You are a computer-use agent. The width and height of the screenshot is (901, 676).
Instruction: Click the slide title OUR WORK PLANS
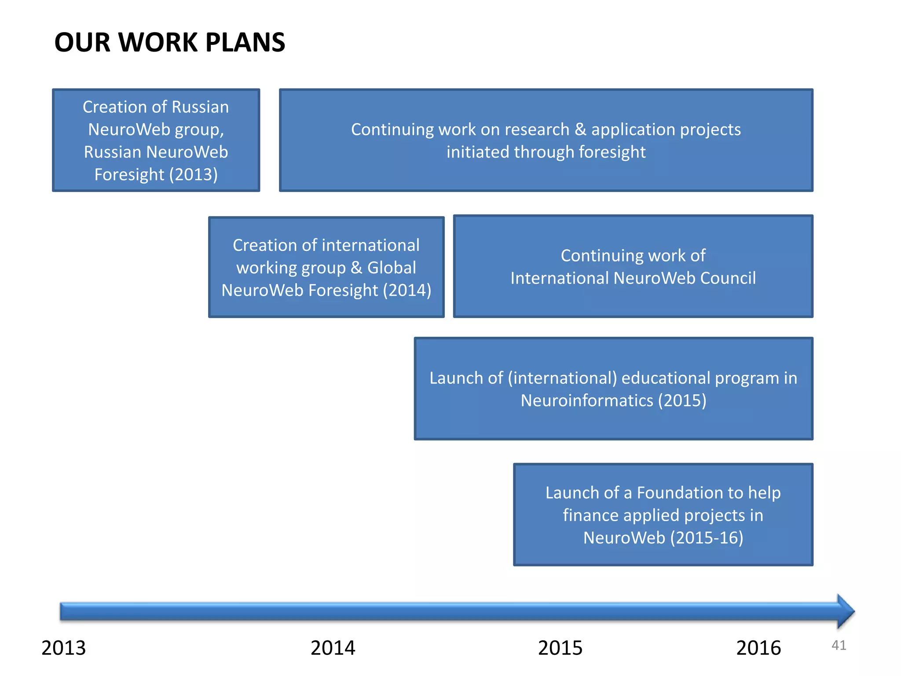(169, 43)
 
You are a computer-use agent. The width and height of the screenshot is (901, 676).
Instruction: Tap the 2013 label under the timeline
(63, 648)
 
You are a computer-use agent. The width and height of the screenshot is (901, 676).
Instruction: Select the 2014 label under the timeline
(333, 648)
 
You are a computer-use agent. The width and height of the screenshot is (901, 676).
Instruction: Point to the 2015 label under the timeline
(560, 648)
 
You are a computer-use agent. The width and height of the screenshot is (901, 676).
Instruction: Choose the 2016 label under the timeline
(758, 648)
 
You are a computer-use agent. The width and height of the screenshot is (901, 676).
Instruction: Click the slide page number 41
(839, 645)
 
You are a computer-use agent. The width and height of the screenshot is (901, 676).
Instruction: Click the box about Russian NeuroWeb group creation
(156, 140)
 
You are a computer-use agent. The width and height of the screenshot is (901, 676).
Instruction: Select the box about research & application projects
(546, 140)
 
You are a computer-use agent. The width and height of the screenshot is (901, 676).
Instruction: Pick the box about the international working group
(326, 267)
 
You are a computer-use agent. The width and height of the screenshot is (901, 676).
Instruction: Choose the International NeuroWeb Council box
(633, 266)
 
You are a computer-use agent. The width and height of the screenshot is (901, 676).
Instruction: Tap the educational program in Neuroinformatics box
(613, 389)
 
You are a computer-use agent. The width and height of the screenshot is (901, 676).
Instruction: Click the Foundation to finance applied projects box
(663, 514)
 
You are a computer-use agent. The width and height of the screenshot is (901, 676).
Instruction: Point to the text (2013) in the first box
(193, 175)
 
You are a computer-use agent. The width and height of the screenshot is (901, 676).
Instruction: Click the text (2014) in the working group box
(407, 290)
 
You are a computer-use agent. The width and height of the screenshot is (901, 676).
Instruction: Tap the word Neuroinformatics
(587, 400)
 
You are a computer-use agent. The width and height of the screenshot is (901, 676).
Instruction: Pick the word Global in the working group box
(392, 268)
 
